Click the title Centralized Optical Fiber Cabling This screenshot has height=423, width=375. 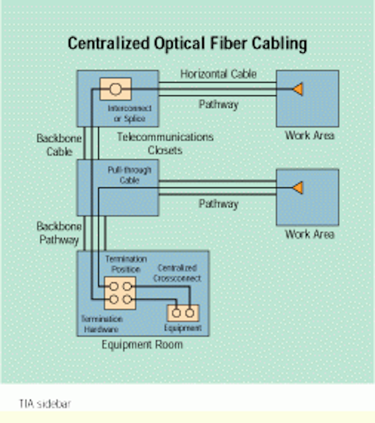pos(187,44)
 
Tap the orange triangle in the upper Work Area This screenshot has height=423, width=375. pos(298,89)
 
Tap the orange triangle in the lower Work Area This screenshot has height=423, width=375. pos(298,188)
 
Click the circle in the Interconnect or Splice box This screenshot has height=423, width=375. pos(115,89)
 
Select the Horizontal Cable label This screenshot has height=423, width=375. pos(218,74)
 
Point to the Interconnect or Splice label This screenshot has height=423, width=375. pos(129,113)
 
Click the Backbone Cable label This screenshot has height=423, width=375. pos(59,145)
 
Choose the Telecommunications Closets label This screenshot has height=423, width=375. pos(165,143)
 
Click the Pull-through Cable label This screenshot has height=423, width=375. pos(129,175)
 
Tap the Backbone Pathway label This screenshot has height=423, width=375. pos(59,233)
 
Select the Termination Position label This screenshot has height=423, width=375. pos(126,264)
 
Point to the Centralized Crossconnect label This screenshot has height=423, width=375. pos(177,273)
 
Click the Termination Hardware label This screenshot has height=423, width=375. pos(102,324)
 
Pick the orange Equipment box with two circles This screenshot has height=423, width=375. pos(183,313)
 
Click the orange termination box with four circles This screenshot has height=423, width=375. pos(120,293)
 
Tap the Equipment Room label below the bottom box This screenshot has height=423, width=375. pos(142,345)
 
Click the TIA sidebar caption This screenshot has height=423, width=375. pos(45,404)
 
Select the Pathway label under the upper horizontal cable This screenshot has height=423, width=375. pos(218,105)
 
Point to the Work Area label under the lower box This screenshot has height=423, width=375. pos(309,234)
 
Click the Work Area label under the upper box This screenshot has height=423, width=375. pos(309,135)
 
